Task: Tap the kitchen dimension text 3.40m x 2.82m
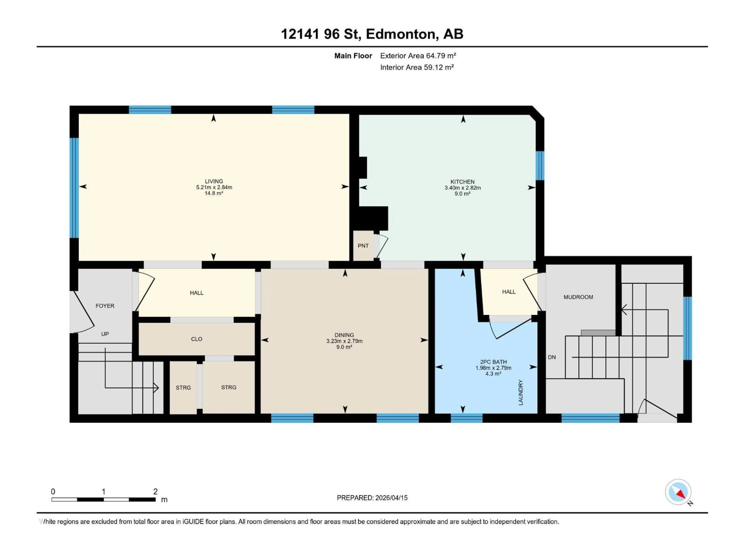(463, 188)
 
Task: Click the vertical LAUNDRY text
(521, 392)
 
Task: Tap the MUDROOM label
(578, 297)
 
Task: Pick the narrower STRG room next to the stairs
(183, 387)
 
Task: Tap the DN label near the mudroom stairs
(552, 357)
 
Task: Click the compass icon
(678, 492)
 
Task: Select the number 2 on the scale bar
(155, 491)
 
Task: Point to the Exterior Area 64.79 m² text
(418, 56)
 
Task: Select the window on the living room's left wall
(74, 188)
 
